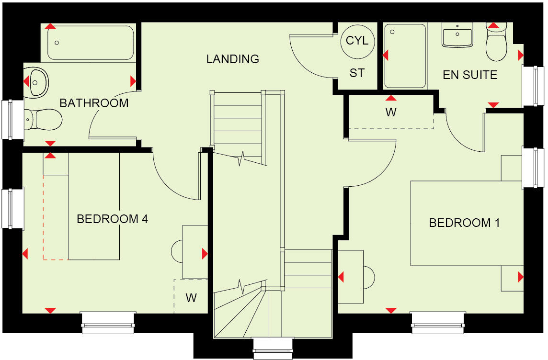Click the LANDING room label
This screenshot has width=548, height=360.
pyautogui.click(x=233, y=59)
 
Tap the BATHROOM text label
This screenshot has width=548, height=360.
pyautogui.click(x=94, y=103)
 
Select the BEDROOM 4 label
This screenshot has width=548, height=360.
pyautogui.click(x=112, y=219)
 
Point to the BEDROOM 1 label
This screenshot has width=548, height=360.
pyautogui.click(x=464, y=223)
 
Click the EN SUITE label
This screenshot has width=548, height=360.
pyautogui.click(x=469, y=75)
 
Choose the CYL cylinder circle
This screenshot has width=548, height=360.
pyautogui.click(x=357, y=41)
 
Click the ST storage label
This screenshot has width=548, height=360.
pyautogui.click(x=357, y=73)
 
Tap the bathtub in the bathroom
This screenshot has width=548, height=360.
pyautogui.click(x=91, y=43)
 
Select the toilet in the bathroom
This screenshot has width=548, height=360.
pyautogui.click(x=44, y=119)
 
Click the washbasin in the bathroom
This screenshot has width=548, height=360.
pyautogui.click(x=37, y=82)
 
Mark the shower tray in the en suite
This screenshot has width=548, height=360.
pyautogui.click(x=405, y=56)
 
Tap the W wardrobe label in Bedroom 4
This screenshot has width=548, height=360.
pyautogui.click(x=191, y=298)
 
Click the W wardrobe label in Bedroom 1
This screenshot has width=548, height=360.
pyautogui.click(x=391, y=113)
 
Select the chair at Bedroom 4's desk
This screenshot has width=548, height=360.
pyautogui.click(x=177, y=251)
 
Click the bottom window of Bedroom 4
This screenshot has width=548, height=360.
pyautogui.click(x=107, y=323)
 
